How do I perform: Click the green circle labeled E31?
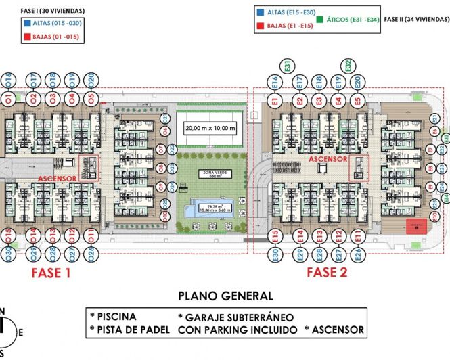pos(288,66)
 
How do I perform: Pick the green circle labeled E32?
pos(348,66)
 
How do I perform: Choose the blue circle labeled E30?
pos(275,254)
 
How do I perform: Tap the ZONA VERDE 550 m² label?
pos(213,175)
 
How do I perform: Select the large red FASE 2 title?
pos(327,273)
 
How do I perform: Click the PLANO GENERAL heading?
pos(225,296)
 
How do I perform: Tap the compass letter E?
pos(20,332)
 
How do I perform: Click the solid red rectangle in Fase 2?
pos(415,227)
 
